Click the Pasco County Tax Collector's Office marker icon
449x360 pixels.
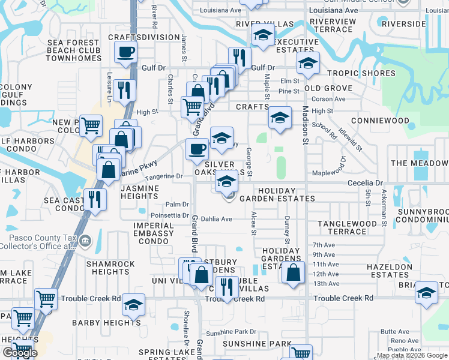[85, 241]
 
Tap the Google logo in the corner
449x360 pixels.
[20, 353]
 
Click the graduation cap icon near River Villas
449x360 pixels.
[262, 36]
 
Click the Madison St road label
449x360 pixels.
[306, 126]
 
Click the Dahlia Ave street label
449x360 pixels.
[216, 219]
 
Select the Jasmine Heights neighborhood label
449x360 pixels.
[139, 192]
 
